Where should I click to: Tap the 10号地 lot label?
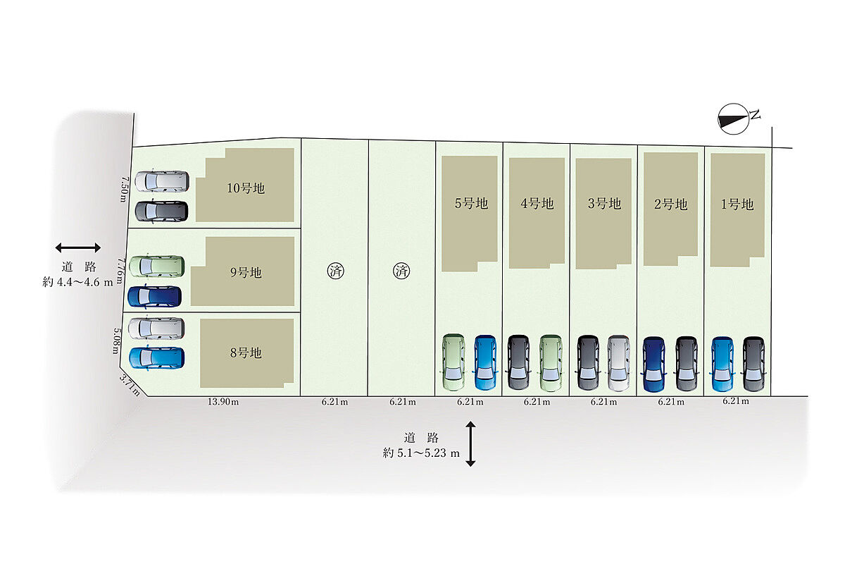[x=246, y=188]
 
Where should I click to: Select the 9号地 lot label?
[x=246, y=272]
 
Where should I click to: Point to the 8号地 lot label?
[x=246, y=352]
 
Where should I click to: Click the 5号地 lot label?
[x=471, y=204]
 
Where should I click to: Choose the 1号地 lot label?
[x=737, y=204]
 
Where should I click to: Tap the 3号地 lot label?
[x=604, y=204]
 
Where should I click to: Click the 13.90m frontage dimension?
[x=223, y=402]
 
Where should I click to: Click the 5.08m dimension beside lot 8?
[x=117, y=341]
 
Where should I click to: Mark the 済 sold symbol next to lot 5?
[x=401, y=271]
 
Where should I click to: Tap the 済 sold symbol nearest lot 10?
[x=335, y=271]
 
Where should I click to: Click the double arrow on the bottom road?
[x=470, y=444]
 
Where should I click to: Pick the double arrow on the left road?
[x=77, y=248]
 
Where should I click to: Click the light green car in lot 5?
[x=453, y=362]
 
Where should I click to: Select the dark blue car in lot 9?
[x=155, y=297]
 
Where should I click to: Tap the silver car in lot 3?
[x=619, y=363]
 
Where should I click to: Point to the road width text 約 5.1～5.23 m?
[x=421, y=453]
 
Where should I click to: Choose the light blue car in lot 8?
[x=156, y=358]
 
